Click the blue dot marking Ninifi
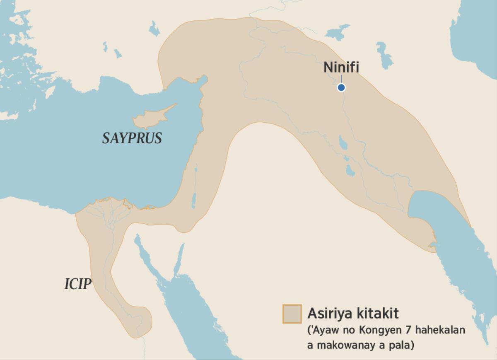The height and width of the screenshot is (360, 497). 341,87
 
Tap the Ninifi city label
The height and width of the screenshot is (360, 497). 341,68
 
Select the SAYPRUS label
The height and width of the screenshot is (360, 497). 132,138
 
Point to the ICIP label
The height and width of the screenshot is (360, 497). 77,284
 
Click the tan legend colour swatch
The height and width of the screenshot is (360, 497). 292,314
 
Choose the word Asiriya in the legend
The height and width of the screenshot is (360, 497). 330,313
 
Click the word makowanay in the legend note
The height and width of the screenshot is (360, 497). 346,345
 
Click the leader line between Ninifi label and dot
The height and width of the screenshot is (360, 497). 341,79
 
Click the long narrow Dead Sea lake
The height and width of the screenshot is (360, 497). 193,199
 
